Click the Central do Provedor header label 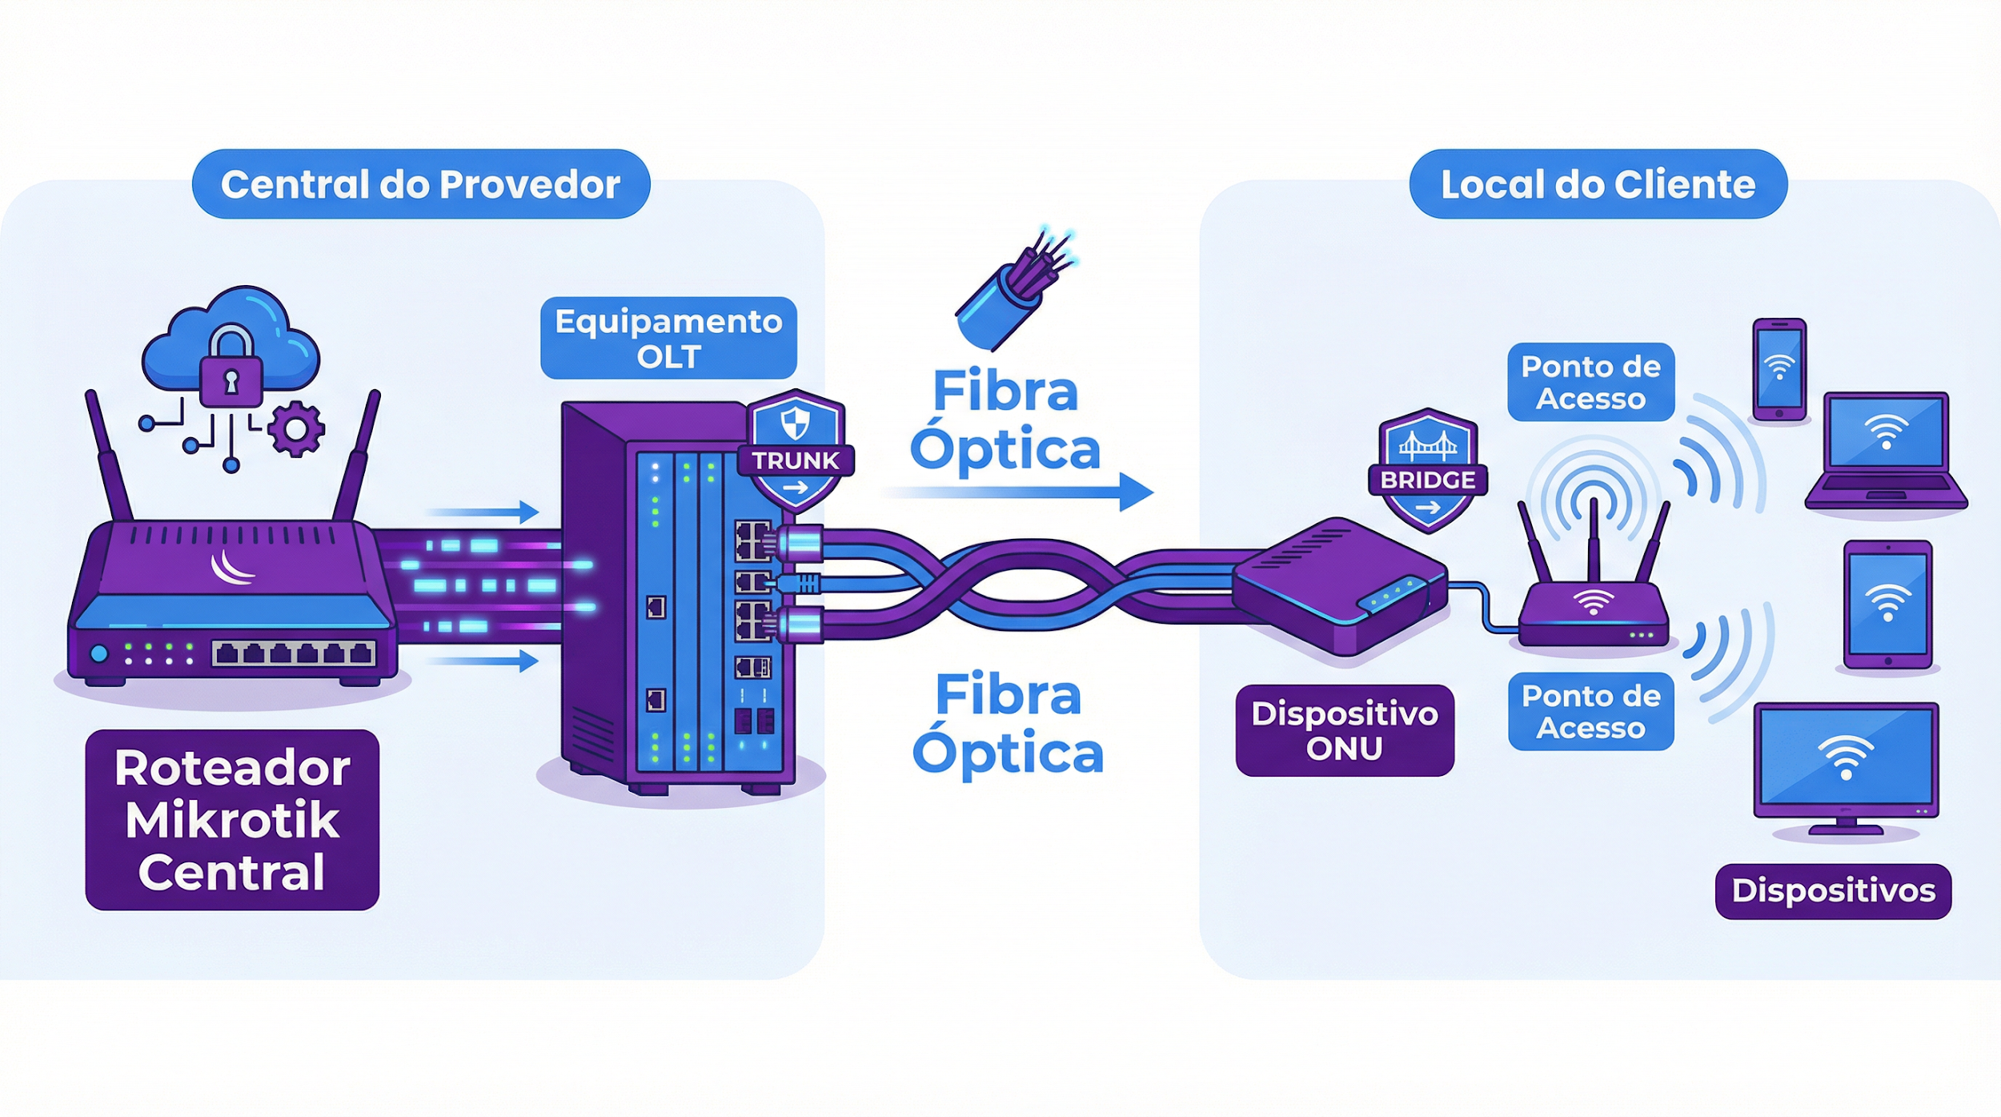[x=421, y=184]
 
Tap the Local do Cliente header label [x=1598, y=184]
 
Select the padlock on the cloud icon [x=231, y=370]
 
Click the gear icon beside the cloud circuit [x=296, y=429]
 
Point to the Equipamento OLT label [x=668, y=338]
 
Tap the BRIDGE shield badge [x=1428, y=472]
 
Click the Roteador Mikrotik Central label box [x=232, y=819]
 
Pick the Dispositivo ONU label [x=1345, y=730]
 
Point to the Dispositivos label [x=1833, y=890]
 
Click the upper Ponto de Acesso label [x=1590, y=382]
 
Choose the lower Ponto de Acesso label [x=1590, y=711]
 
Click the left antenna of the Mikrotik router [x=108, y=456]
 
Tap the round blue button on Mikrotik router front [x=99, y=653]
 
